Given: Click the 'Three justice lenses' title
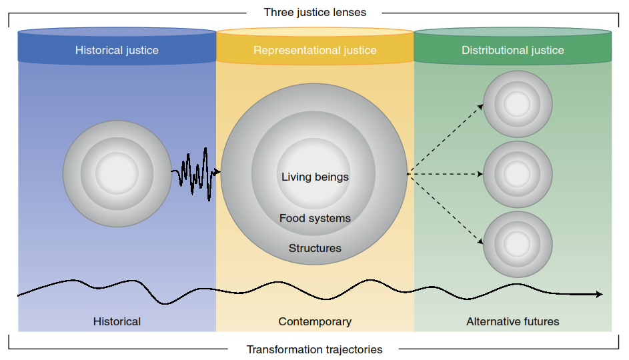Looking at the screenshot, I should (x=315, y=12).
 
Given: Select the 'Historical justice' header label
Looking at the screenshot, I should (x=117, y=50).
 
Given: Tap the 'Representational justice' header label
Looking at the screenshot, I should (x=315, y=50).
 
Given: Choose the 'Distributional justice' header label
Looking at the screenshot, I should (x=512, y=50).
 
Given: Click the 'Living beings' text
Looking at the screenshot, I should (x=315, y=177).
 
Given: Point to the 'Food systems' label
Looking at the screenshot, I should (x=315, y=218).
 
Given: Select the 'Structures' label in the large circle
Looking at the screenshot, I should (x=315, y=248).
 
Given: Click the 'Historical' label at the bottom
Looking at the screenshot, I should (x=117, y=321).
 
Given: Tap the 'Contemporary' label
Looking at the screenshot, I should (x=315, y=321).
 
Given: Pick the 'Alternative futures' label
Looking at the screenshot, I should (x=512, y=321).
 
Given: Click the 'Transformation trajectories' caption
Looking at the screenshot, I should (x=315, y=349).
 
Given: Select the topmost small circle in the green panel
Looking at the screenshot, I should (x=518, y=105).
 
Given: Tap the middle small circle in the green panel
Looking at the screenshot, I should (x=518, y=174).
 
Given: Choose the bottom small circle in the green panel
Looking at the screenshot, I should (x=518, y=245).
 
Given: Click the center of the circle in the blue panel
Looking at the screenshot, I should (x=117, y=173).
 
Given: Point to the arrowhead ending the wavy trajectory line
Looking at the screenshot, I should (x=599, y=294).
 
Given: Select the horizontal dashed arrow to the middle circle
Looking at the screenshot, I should (x=446, y=174).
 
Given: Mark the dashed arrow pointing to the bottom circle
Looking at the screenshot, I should (x=446, y=209).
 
